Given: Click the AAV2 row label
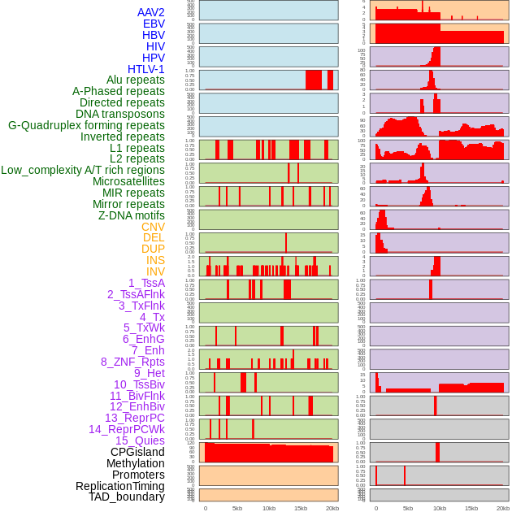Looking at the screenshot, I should [150, 12].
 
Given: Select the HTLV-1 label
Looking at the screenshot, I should [145, 69].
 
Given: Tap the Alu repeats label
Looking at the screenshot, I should [135, 80].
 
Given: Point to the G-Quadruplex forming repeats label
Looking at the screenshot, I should [86, 126].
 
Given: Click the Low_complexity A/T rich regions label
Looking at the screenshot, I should [83, 171].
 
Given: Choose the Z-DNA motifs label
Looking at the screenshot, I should [132, 215].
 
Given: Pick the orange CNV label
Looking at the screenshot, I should [153, 227].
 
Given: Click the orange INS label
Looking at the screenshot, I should [155, 261].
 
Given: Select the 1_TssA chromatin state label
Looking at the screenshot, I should [146, 283].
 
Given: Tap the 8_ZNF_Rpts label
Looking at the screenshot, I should [132, 362].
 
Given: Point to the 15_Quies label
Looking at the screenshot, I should [140, 440].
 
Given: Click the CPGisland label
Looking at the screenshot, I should [137, 452].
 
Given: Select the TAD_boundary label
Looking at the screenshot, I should [127, 497].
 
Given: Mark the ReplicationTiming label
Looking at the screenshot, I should [119, 486].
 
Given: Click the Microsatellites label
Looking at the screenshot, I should [128, 182].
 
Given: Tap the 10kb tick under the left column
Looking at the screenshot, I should [268, 508].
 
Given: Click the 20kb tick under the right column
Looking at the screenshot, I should [503, 508].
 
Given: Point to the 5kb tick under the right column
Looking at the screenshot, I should [408, 508].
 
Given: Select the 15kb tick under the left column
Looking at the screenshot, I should [300, 508].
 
